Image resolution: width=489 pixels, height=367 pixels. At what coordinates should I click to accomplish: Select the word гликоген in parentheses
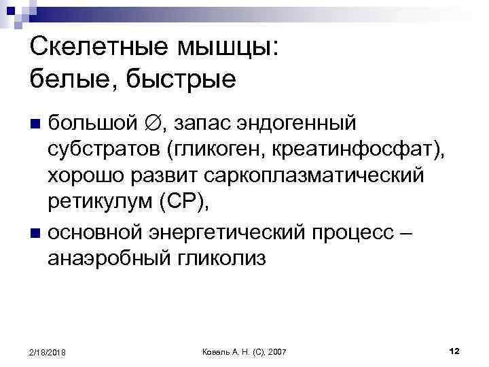tap(213, 150)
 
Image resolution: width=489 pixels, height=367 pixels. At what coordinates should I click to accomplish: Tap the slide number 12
tap(454, 351)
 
